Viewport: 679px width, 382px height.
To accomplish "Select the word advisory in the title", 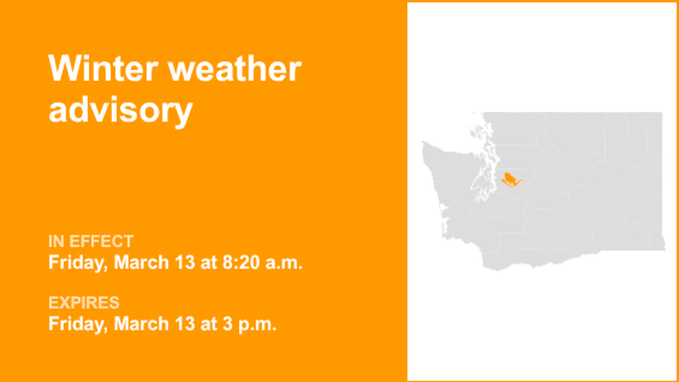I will pos(120,110).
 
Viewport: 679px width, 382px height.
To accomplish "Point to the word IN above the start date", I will pos(57,242).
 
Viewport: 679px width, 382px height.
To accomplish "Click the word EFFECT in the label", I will pos(101,242).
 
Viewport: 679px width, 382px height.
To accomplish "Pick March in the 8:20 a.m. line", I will pos(135,262).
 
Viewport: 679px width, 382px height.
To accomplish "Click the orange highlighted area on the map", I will pos(509,179).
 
